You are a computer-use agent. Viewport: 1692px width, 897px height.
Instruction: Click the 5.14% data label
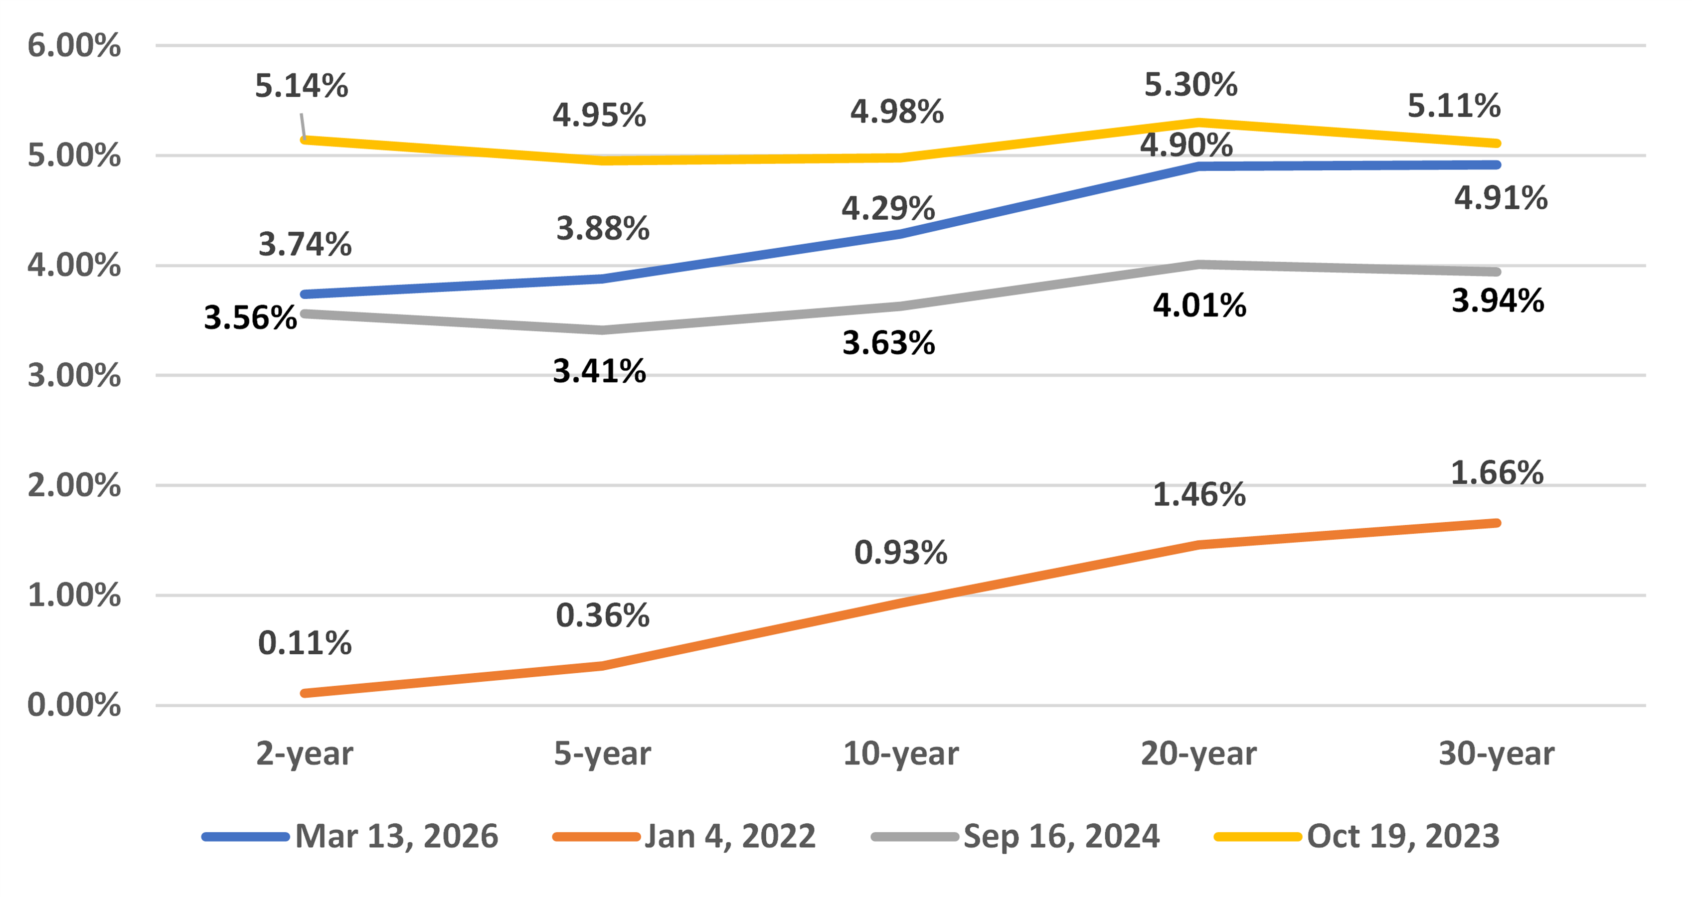pyautogui.click(x=302, y=86)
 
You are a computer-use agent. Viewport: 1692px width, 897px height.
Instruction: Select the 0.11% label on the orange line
pyautogui.click(x=304, y=643)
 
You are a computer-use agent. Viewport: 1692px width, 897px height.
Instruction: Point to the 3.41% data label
pyautogui.click(x=599, y=371)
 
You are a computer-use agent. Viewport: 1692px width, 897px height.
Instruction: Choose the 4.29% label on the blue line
pyautogui.click(x=888, y=209)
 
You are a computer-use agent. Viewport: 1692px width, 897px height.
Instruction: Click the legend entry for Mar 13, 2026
pyautogui.click(x=396, y=836)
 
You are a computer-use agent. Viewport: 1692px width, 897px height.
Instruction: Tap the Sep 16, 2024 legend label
pyautogui.click(x=1061, y=836)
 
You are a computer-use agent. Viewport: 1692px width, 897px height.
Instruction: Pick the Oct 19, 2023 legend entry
pyautogui.click(x=1403, y=836)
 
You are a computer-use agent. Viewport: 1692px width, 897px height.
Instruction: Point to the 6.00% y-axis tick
pyautogui.click(x=74, y=46)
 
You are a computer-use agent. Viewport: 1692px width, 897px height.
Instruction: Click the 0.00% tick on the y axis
pyautogui.click(x=74, y=705)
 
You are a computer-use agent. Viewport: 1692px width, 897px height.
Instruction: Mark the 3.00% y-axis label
pyautogui.click(x=74, y=376)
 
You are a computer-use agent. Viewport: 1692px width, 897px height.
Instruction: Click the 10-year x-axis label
pyautogui.click(x=900, y=753)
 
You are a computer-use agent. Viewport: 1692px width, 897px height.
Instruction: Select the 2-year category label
pyautogui.click(x=304, y=753)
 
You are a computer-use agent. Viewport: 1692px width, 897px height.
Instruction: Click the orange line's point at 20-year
pyautogui.click(x=1199, y=544)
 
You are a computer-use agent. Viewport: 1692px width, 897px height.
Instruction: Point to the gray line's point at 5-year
pyautogui.click(x=602, y=329)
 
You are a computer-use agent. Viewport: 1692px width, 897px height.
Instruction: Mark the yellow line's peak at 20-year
pyautogui.click(x=1199, y=122)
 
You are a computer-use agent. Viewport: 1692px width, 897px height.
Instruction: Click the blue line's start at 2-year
pyautogui.click(x=305, y=294)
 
